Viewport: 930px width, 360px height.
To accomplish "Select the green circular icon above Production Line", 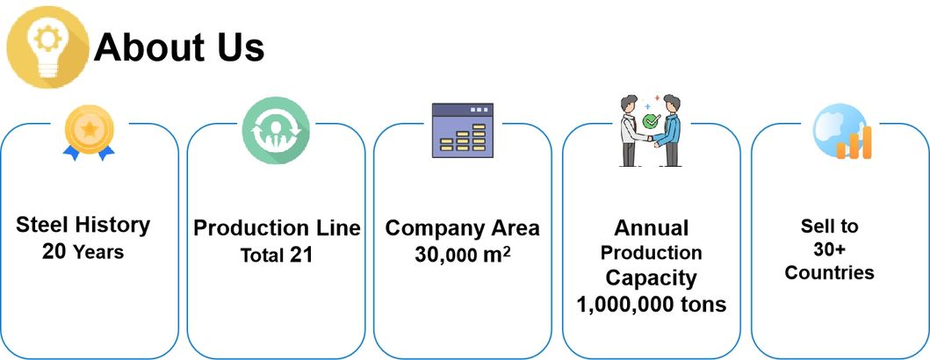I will click(x=276, y=130).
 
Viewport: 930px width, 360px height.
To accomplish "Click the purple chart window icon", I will click(x=463, y=131).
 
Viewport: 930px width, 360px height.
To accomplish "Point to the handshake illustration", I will click(x=651, y=129).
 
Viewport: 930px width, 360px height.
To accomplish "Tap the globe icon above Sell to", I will click(x=840, y=132).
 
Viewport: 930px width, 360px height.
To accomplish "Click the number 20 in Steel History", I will click(x=54, y=252).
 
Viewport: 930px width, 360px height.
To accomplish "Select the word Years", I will click(x=98, y=253).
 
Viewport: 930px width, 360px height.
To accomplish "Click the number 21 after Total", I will click(x=301, y=256).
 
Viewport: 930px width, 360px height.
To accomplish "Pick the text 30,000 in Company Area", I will click(x=444, y=256).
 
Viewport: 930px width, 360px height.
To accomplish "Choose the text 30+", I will click(x=829, y=249).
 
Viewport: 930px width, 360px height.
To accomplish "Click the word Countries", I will click(x=829, y=272).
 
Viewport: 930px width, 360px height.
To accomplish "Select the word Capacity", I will click(x=651, y=278).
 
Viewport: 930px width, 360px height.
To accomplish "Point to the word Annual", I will click(x=651, y=228).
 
